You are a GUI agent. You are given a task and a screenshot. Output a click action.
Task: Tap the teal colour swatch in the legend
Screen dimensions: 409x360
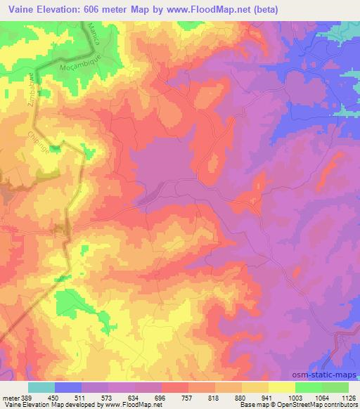click(41, 387)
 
